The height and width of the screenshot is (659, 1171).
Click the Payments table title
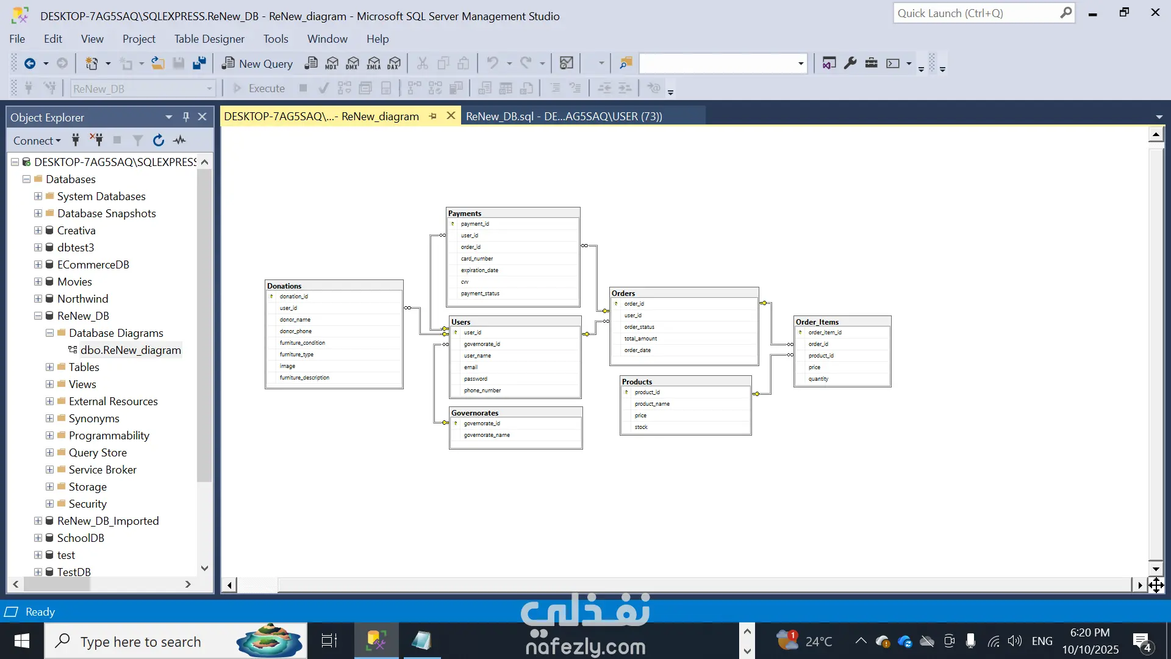coord(465,214)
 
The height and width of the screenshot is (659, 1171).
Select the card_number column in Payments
coord(477,259)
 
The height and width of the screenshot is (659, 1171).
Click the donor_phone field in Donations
coord(296,331)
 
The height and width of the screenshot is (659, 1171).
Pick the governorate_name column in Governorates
coord(487,435)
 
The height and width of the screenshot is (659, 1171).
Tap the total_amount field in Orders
coord(640,339)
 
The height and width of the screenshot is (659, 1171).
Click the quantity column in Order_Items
coord(818,379)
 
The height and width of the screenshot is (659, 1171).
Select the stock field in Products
coord(641,427)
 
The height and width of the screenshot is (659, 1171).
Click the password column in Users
coord(476,379)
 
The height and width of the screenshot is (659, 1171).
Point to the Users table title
coord(461,322)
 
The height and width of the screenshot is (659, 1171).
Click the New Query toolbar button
coord(257,63)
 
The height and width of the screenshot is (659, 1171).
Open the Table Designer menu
coord(209,39)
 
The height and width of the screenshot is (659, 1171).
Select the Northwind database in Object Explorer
coord(82,299)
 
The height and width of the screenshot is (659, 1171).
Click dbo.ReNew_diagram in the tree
coord(131,350)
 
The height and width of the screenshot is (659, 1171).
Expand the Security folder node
coord(49,504)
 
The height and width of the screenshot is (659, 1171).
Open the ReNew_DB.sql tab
coord(564,117)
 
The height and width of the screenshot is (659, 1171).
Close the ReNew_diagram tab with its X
coord(451,116)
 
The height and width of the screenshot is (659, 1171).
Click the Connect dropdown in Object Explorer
coord(37,141)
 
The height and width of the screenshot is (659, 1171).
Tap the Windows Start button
coord(22,641)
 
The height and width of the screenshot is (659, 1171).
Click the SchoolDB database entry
coord(81,538)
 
